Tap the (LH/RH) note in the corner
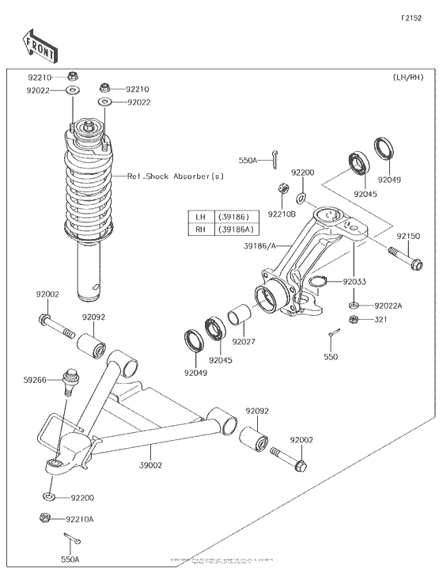tap(409, 78)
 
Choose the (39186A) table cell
tap(236, 229)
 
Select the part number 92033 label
tap(354, 281)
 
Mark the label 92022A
tap(388, 305)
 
